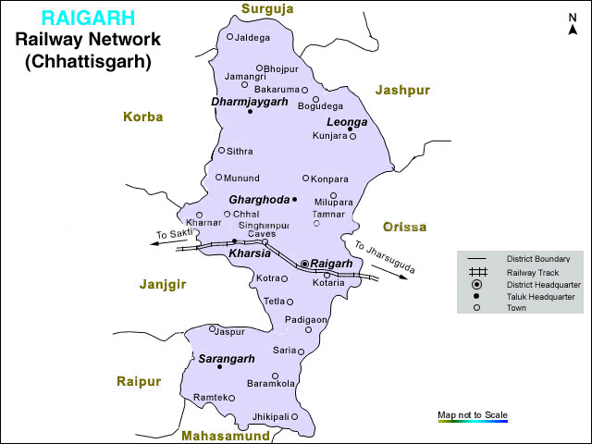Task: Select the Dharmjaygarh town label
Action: point(249,101)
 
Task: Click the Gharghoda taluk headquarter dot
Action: point(294,199)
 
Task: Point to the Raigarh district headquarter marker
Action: point(304,264)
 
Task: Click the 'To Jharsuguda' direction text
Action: point(384,257)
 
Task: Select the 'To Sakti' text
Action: point(174,235)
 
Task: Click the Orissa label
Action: point(405,227)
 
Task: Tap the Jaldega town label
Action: point(253,38)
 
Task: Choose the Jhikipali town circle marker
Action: point(294,416)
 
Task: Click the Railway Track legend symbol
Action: point(478,273)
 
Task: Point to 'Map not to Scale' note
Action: point(473,413)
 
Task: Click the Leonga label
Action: point(347,122)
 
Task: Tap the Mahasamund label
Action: point(226,435)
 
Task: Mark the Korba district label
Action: point(142,117)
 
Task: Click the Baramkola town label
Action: point(271,383)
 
